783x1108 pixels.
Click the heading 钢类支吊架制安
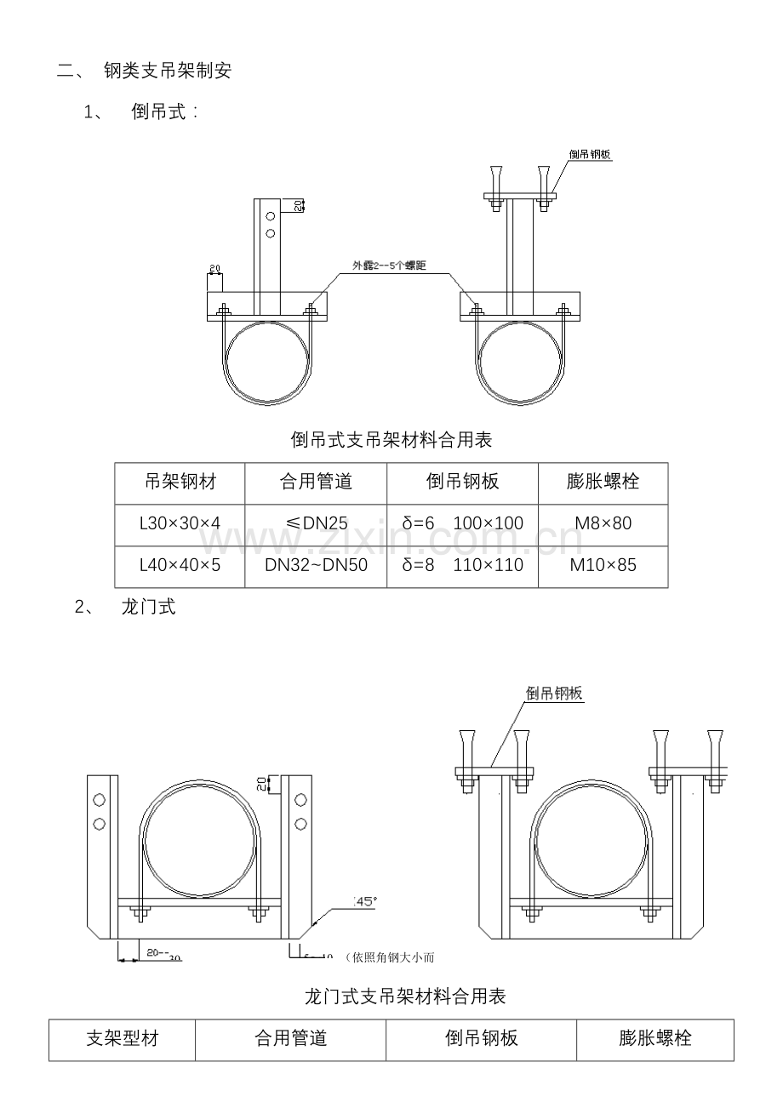pos(167,71)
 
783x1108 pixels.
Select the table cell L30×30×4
pos(180,523)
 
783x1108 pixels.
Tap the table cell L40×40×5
pos(180,565)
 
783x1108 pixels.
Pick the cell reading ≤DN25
pos(316,523)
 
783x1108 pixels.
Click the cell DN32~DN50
pos(316,565)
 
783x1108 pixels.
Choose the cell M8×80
pos(603,523)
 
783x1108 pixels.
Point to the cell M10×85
pos(603,565)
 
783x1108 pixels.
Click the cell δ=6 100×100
pos(462,523)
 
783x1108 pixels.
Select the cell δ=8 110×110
pos(462,565)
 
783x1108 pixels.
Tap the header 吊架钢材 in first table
pos(180,483)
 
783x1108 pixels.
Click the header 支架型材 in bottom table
pos(122,1038)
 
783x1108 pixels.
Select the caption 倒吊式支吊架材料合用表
pos(391,440)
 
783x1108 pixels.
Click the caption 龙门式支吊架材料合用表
pos(405,996)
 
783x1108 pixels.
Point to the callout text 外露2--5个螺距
pos(390,266)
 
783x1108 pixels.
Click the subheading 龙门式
pos(148,607)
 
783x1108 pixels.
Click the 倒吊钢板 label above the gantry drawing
pos(554,694)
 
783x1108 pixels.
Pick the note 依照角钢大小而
pos(392,958)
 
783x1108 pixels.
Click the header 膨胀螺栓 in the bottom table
pos(654,1038)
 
